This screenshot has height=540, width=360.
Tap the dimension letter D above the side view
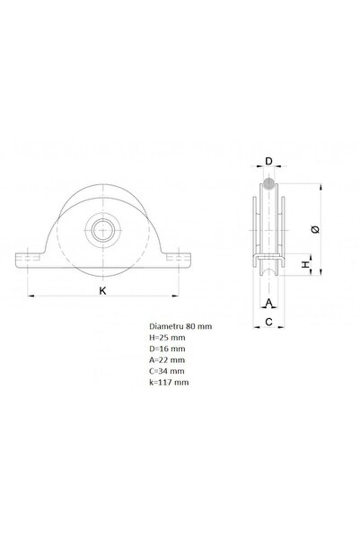[268, 164]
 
